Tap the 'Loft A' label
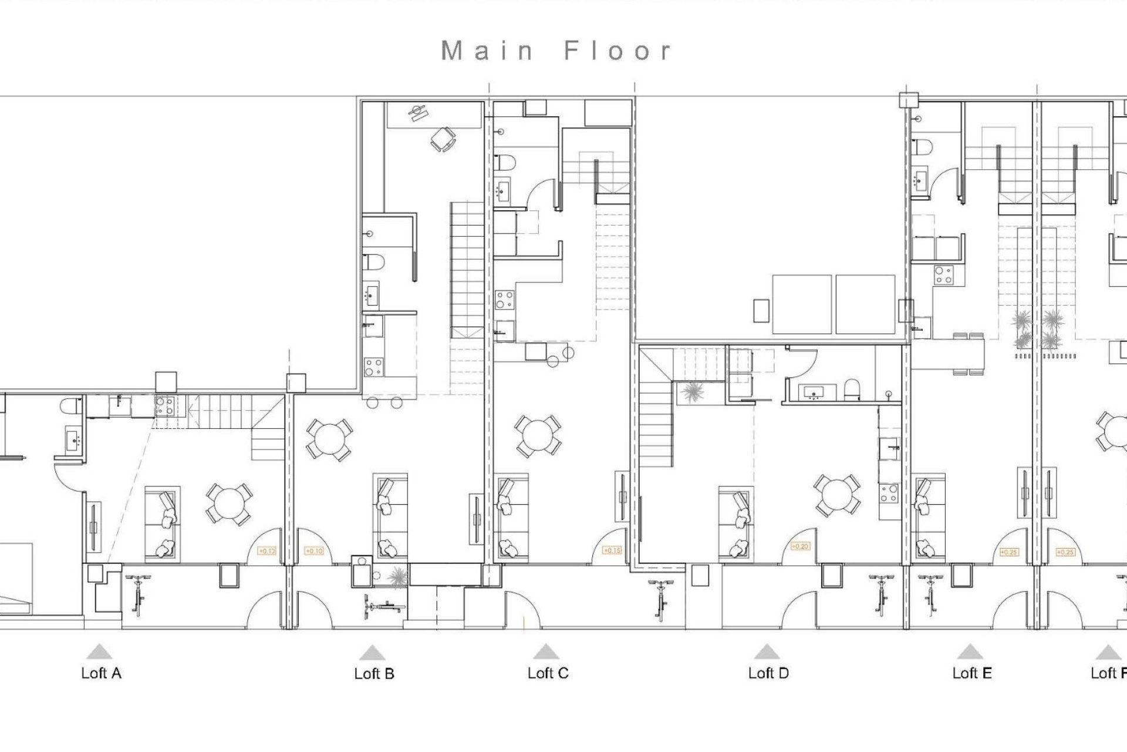pyautogui.click(x=101, y=673)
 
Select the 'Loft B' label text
pyautogui.click(x=374, y=674)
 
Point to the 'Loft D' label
pyautogui.click(x=768, y=673)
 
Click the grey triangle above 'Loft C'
pyautogui.click(x=546, y=652)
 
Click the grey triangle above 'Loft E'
pyautogui.click(x=970, y=652)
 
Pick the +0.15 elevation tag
pyautogui.click(x=612, y=550)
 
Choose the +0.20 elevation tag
pyautogui.click(x=799, y=546)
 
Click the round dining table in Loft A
pyautogui.click(x=229, y=504)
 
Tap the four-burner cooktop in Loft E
pyautogui.click(x=943, y=275)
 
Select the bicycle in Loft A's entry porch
pyautogui.click(x=138, y=595)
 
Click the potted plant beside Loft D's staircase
pyautogui.click(x=693, y=392)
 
